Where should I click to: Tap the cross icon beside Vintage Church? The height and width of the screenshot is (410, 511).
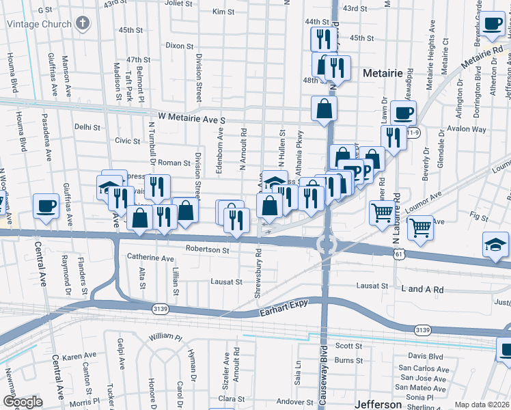(83, 24)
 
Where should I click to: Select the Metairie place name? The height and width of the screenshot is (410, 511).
(385, 72)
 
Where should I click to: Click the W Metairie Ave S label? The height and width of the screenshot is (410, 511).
(192, 119)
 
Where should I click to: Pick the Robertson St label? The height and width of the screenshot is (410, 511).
(207, 249)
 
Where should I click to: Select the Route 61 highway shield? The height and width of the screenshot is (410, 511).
(398, 254)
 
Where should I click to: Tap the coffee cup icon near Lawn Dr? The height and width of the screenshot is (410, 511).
(402, 111)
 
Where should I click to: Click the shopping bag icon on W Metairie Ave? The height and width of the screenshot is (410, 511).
(324, 108)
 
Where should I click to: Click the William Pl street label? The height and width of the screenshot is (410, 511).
(165, 336)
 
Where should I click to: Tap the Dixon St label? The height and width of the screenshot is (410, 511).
(180, 46)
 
